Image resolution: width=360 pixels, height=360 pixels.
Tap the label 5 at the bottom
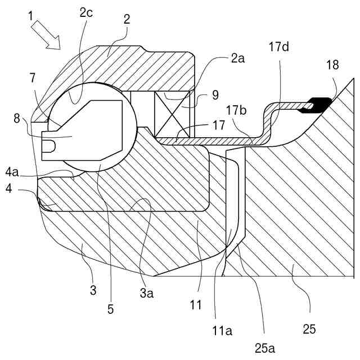(x=110, y=308)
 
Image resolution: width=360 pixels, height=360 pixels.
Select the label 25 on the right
(x=309, y=328)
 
